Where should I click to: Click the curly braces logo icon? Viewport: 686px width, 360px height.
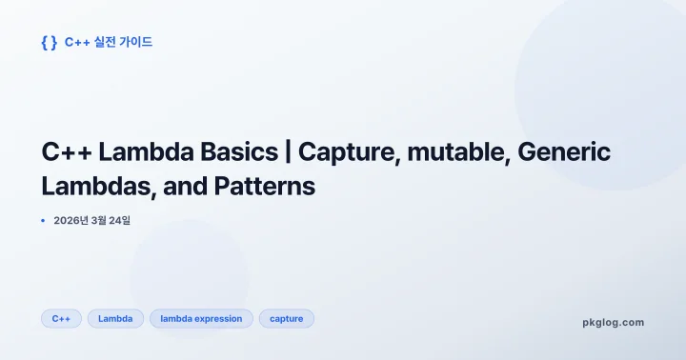click(49, 42)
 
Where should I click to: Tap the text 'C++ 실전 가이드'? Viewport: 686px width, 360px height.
click(109, 42)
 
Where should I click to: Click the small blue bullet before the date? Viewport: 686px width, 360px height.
click(43, 221)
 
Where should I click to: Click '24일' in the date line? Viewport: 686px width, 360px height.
click(120, 221)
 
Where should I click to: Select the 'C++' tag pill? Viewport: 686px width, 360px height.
click(61, 318)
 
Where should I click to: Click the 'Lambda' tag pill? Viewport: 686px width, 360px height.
click(115, 318)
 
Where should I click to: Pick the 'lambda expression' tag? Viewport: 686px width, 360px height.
click(201, 318)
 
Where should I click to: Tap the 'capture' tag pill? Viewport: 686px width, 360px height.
click(287, 318)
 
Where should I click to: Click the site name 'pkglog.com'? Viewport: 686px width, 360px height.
click(613, 322)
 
